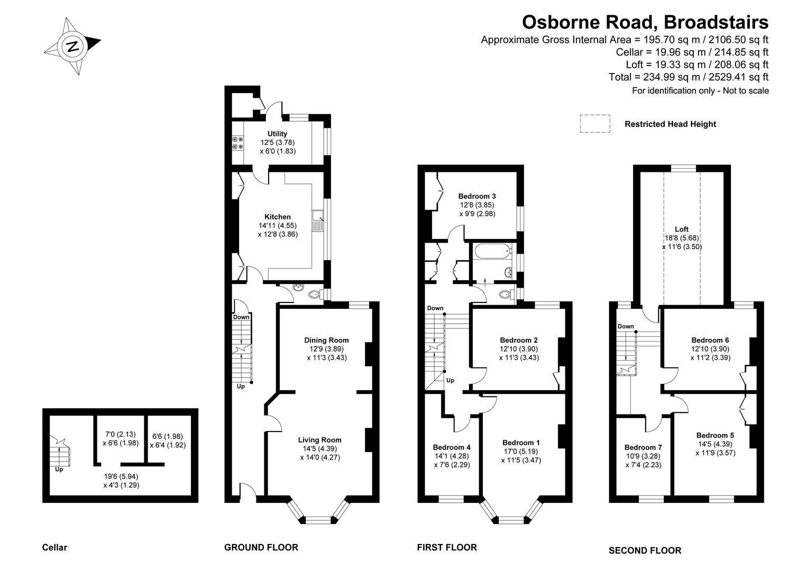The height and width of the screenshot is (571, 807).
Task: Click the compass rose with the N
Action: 72,45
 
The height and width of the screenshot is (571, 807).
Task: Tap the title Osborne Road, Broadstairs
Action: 645,22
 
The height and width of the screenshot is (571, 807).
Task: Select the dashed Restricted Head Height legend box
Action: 594,124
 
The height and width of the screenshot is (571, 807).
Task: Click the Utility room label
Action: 277,134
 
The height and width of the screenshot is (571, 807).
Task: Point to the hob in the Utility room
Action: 237,142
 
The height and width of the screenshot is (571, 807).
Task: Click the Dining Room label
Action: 326,340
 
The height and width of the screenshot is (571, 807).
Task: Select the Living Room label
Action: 319,440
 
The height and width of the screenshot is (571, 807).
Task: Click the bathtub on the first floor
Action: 492,252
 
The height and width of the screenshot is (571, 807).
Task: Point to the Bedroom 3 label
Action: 477,196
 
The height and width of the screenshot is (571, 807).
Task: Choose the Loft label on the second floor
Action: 682,229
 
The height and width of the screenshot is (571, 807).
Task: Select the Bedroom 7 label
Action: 643,447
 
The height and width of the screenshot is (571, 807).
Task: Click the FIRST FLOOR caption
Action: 447,548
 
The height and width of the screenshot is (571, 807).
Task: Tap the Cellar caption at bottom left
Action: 54,548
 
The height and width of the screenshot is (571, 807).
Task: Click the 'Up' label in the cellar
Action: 59,469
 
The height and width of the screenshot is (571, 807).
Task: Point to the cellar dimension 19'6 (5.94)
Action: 121,476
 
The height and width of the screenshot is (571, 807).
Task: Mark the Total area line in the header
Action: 689,77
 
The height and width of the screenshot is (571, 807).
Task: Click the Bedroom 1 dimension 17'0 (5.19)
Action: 521,452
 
